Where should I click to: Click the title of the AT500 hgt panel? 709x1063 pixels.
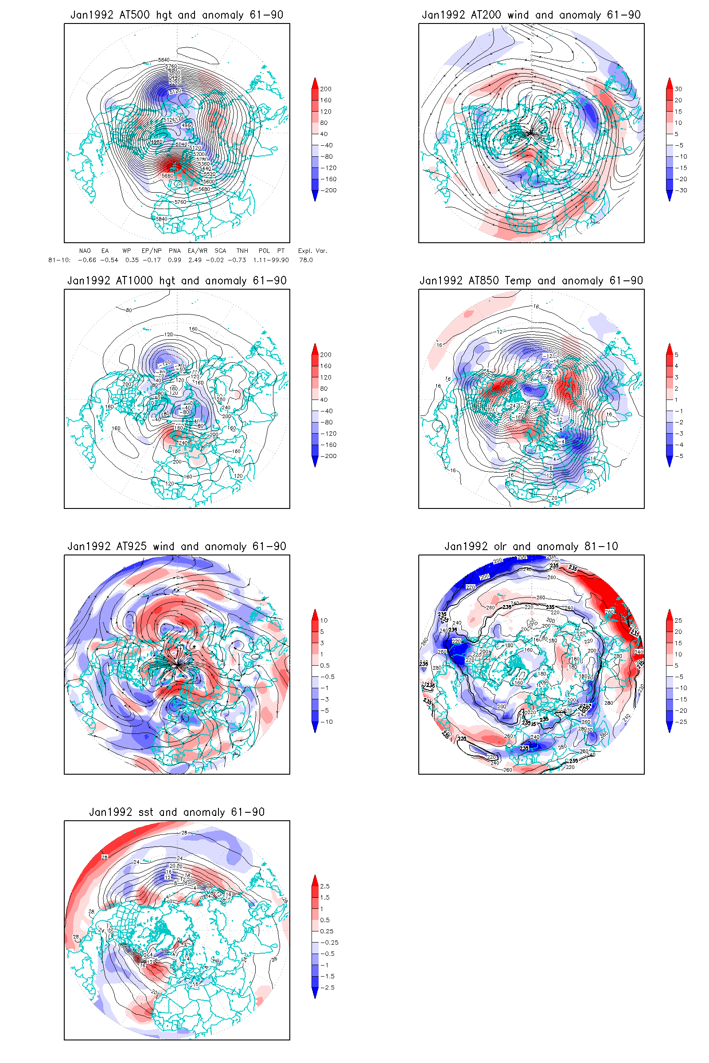pos(177,15)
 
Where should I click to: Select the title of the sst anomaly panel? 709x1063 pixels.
pos(177,812)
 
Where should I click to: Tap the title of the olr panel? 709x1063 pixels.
pos(531,547)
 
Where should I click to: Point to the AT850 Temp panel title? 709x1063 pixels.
pos(531,281)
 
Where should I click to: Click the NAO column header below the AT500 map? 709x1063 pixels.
pos(85,251)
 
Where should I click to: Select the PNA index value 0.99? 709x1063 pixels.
pos(175,260)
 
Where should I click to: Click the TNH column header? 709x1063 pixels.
pos(242,251)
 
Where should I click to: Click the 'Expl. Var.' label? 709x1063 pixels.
pos(312,251)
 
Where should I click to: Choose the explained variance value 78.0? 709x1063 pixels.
pos(306,260)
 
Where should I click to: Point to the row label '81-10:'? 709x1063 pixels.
pos(59,260)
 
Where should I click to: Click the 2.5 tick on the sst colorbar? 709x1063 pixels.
pos(325,886)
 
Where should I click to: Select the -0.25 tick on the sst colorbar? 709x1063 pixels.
pos(329,943)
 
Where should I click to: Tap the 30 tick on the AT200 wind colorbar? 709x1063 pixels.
pos(678,89)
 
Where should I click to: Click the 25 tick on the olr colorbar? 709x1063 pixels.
pos(678,621)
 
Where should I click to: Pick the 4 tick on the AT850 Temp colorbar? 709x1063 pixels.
pos(677,366)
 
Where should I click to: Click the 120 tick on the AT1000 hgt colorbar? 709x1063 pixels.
pos(326,377)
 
